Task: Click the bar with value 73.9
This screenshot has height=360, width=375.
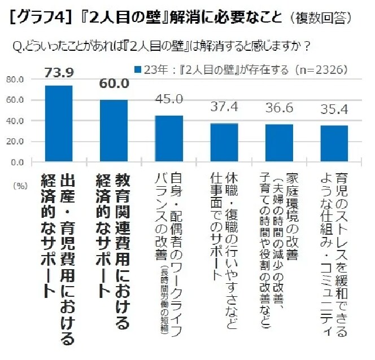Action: point(59,124)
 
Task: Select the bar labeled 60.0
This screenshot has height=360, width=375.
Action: point(114,131)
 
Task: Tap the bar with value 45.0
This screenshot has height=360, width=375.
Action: point(169,138)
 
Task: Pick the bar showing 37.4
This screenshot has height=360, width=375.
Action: point(224,142)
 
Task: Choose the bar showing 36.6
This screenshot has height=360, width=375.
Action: point(279,143)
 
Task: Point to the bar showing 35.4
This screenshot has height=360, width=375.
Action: point(334,143)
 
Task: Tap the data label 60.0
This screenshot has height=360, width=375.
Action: point(114,84)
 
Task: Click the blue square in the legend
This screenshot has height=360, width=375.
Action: point(137,71)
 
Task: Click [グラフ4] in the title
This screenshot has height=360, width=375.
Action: point(40,19)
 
